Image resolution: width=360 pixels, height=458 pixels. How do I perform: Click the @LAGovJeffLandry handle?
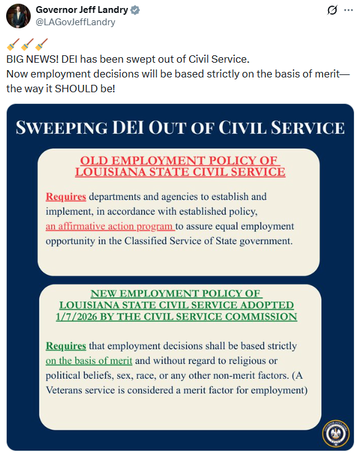(x=75, y=22)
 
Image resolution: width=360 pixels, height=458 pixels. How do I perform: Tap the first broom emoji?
(x=13, y=45)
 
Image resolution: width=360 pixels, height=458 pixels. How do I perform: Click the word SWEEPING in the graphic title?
(x=60, y=128)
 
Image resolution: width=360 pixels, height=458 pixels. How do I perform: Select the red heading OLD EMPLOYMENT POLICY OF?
(x=179, y=161)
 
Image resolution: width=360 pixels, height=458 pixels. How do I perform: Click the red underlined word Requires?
(x=66, y=197)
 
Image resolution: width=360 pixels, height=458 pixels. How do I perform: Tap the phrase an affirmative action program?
(x=110, y=226)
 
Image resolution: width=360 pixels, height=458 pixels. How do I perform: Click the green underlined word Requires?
(x=66, y=345)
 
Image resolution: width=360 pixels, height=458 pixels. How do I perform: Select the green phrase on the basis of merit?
(x=89, y=360)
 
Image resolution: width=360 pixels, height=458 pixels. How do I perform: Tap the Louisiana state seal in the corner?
(x=335, y=435)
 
